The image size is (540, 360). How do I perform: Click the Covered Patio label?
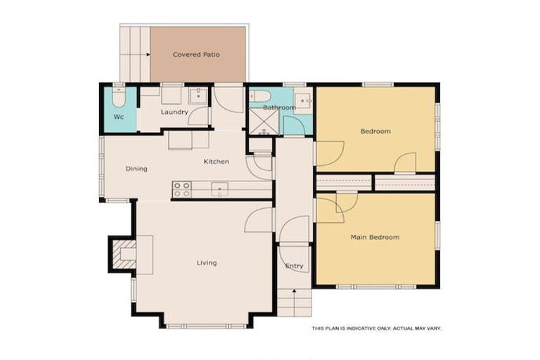[197, 54]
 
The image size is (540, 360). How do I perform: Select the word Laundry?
[174, 112]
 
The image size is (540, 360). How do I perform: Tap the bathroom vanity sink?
[303, 101]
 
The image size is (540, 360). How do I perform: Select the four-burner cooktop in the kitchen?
[181, 188]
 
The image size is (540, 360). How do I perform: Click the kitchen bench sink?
[219, 188]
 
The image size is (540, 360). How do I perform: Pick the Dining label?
[136, 169]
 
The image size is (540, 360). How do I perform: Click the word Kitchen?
[216, 162]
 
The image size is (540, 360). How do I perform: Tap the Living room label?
[206, 263]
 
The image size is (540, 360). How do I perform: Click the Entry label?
[294, 266]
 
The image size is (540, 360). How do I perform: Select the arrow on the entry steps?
[293, 294]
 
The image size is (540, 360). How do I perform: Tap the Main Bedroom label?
[375, 238]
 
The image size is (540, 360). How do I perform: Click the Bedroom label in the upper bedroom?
[375, 131]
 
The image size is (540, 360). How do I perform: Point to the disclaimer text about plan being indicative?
[376, 328]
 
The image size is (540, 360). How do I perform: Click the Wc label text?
[119, 117]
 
